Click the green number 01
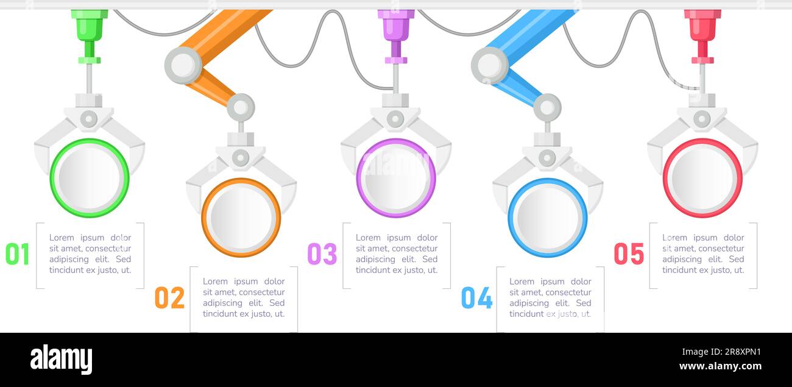coord(18,254)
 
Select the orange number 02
coord(169,297)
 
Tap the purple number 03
coord(322,254)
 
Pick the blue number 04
coord(476,297)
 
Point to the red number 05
coord(629,254)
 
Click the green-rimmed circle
coord(90,178)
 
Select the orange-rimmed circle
coord(241,218)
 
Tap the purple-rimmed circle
coord(396,178)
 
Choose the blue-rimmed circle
coord(548,218)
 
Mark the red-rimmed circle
coord(702,178)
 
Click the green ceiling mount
coord(90,27)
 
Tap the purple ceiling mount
coord(396,27)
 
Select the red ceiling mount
coord(702,27)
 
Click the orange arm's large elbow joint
coord(183,65)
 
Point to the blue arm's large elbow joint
coord(489,65)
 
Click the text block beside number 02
coord(244,297)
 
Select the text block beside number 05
coord(703,254)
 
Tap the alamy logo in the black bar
coord(61,360)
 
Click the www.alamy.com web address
coord(720,366)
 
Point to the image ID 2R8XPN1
coord(731,352)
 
